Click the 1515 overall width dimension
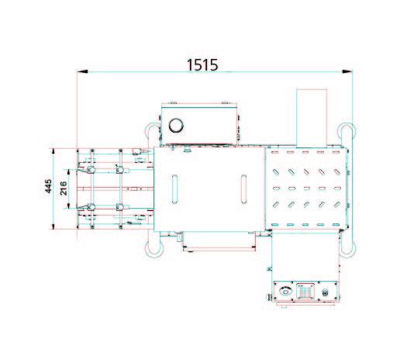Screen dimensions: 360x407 click(203, 65)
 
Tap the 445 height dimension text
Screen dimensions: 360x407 click(48, 187)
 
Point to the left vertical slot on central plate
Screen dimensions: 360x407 click(176, 188)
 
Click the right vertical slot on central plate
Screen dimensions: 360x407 click(244, 188)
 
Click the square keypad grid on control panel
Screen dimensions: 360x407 click(305, 292)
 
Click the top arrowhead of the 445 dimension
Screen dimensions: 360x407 click(53, 150)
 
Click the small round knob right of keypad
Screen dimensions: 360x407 click(326, 292)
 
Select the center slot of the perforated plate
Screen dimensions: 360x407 click(308, 188)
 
